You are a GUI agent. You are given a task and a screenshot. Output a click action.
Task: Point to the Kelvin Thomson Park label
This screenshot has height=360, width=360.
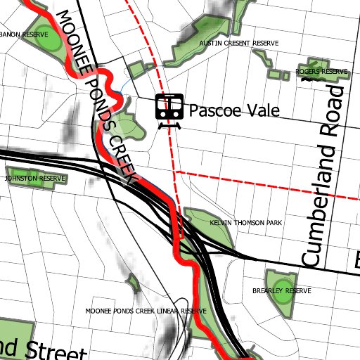click(x=246, y=223)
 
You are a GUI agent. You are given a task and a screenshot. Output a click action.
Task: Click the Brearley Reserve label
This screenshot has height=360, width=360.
click(x=281, y=290)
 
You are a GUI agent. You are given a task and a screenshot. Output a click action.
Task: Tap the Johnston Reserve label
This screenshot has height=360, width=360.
click(x=34, y=179)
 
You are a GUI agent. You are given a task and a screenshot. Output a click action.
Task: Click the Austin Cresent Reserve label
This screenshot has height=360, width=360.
click(x=239, y=44)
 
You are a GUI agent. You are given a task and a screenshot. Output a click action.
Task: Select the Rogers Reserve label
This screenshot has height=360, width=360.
click(x=321, y=72)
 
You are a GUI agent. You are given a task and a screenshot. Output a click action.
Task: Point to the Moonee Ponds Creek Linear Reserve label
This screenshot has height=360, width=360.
click(x=145, y=310)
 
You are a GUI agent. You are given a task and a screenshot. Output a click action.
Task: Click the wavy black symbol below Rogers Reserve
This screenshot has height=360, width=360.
click(x=307, y=81)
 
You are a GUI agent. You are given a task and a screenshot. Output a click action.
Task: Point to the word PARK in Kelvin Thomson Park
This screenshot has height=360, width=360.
click(x=274, y=223)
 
